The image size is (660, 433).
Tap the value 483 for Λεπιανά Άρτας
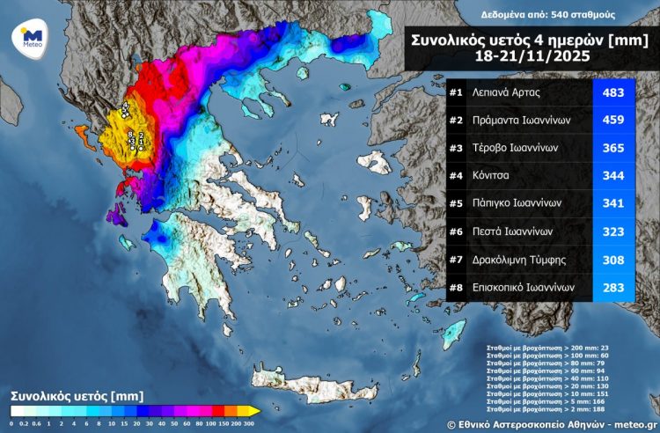[x=612, y=92]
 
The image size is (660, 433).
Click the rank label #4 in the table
[x=456, y=176]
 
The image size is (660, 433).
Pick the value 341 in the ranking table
[x=612, y=204]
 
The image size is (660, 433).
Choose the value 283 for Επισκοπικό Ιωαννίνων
[x=612, y=287]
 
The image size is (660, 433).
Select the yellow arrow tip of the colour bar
[x=254, y=411]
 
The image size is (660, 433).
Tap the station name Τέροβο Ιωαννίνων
[x=521, y=149]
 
